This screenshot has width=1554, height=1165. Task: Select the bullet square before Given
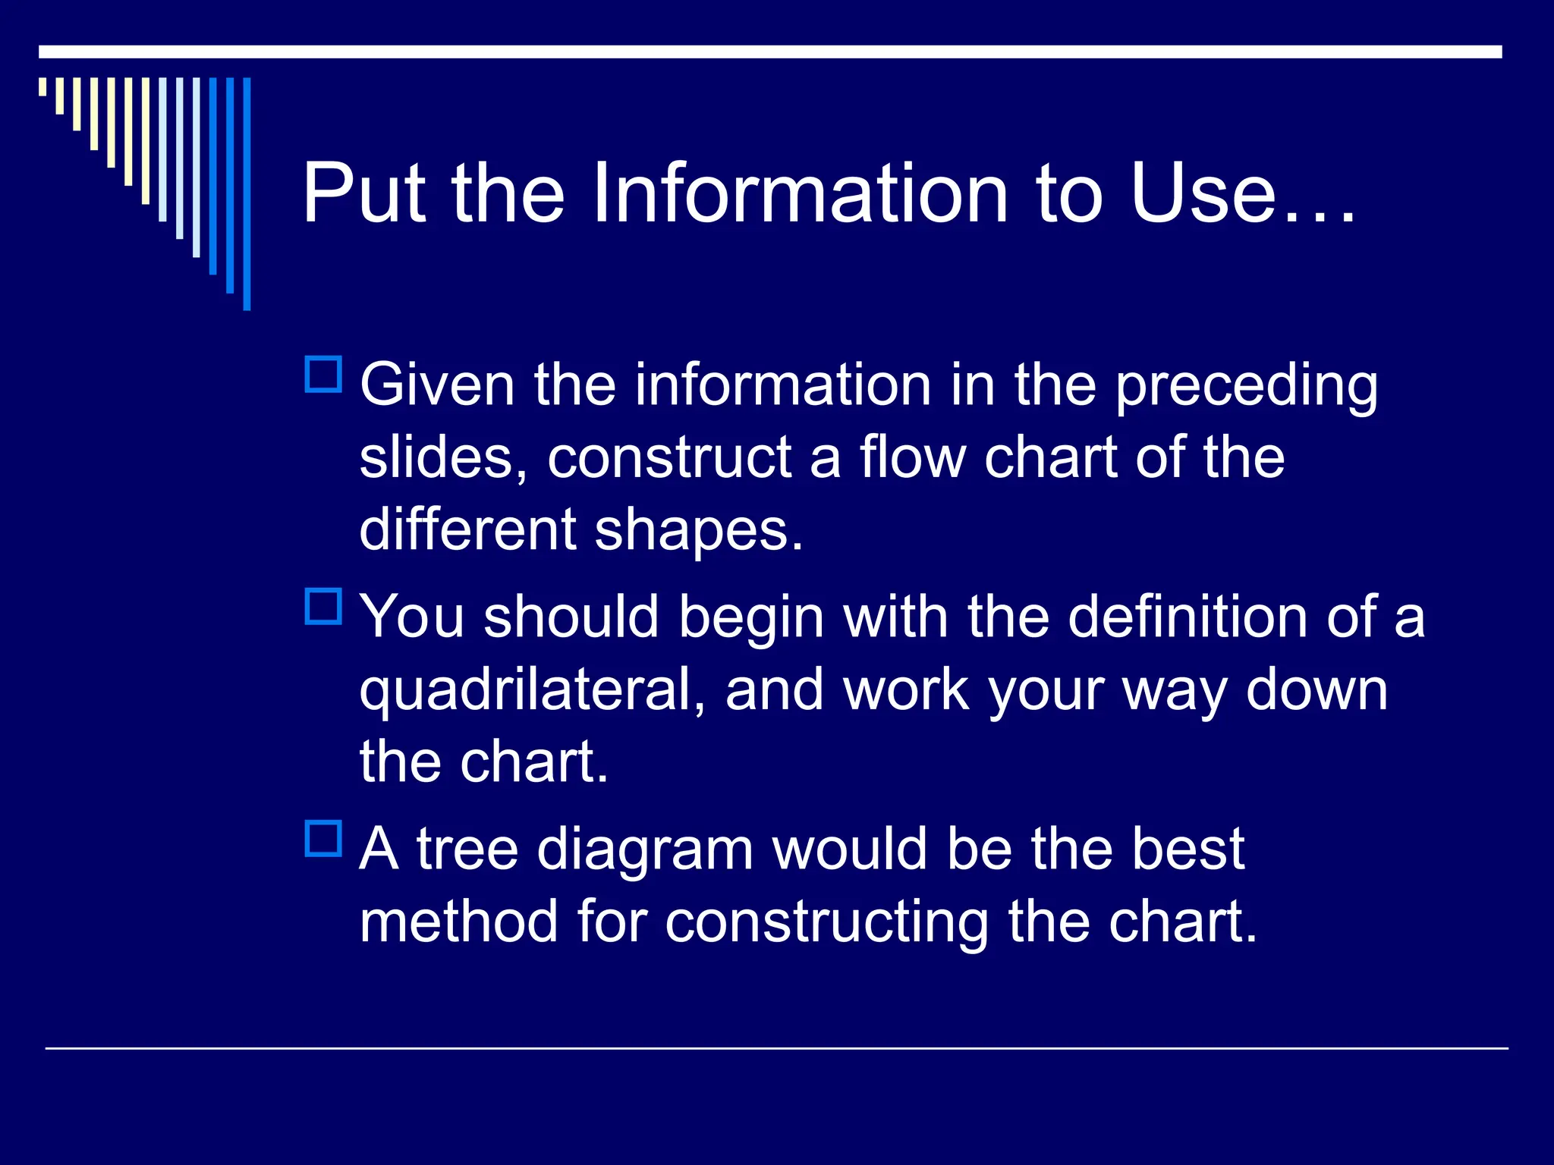click(x=323, y=374)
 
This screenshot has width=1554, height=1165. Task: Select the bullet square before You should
click(x=323, y=606)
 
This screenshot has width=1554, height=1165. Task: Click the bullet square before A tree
click(x=323, y=838)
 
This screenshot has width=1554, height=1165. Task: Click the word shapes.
click(x=697, y=529)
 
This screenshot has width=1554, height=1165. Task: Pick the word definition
click(x=1187, y=616)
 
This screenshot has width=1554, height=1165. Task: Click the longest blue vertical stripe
click(x=247, y=193)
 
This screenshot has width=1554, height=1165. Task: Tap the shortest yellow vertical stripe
click(x=42, y=86)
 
